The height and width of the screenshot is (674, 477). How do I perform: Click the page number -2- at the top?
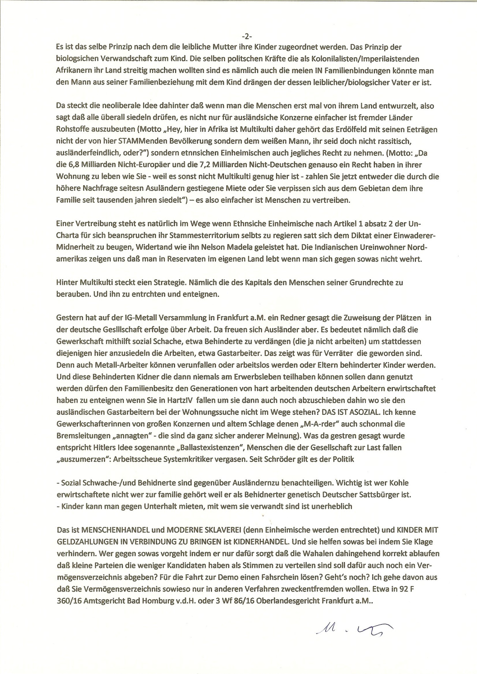coord(247,36)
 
